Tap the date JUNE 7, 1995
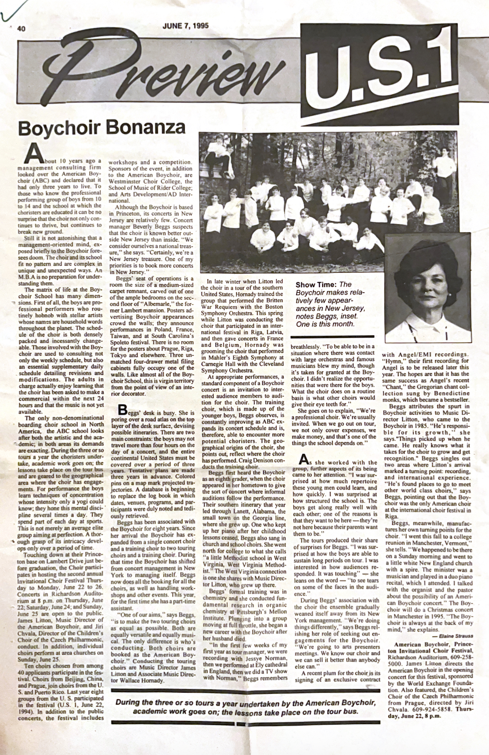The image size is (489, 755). [x=185, y=26]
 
